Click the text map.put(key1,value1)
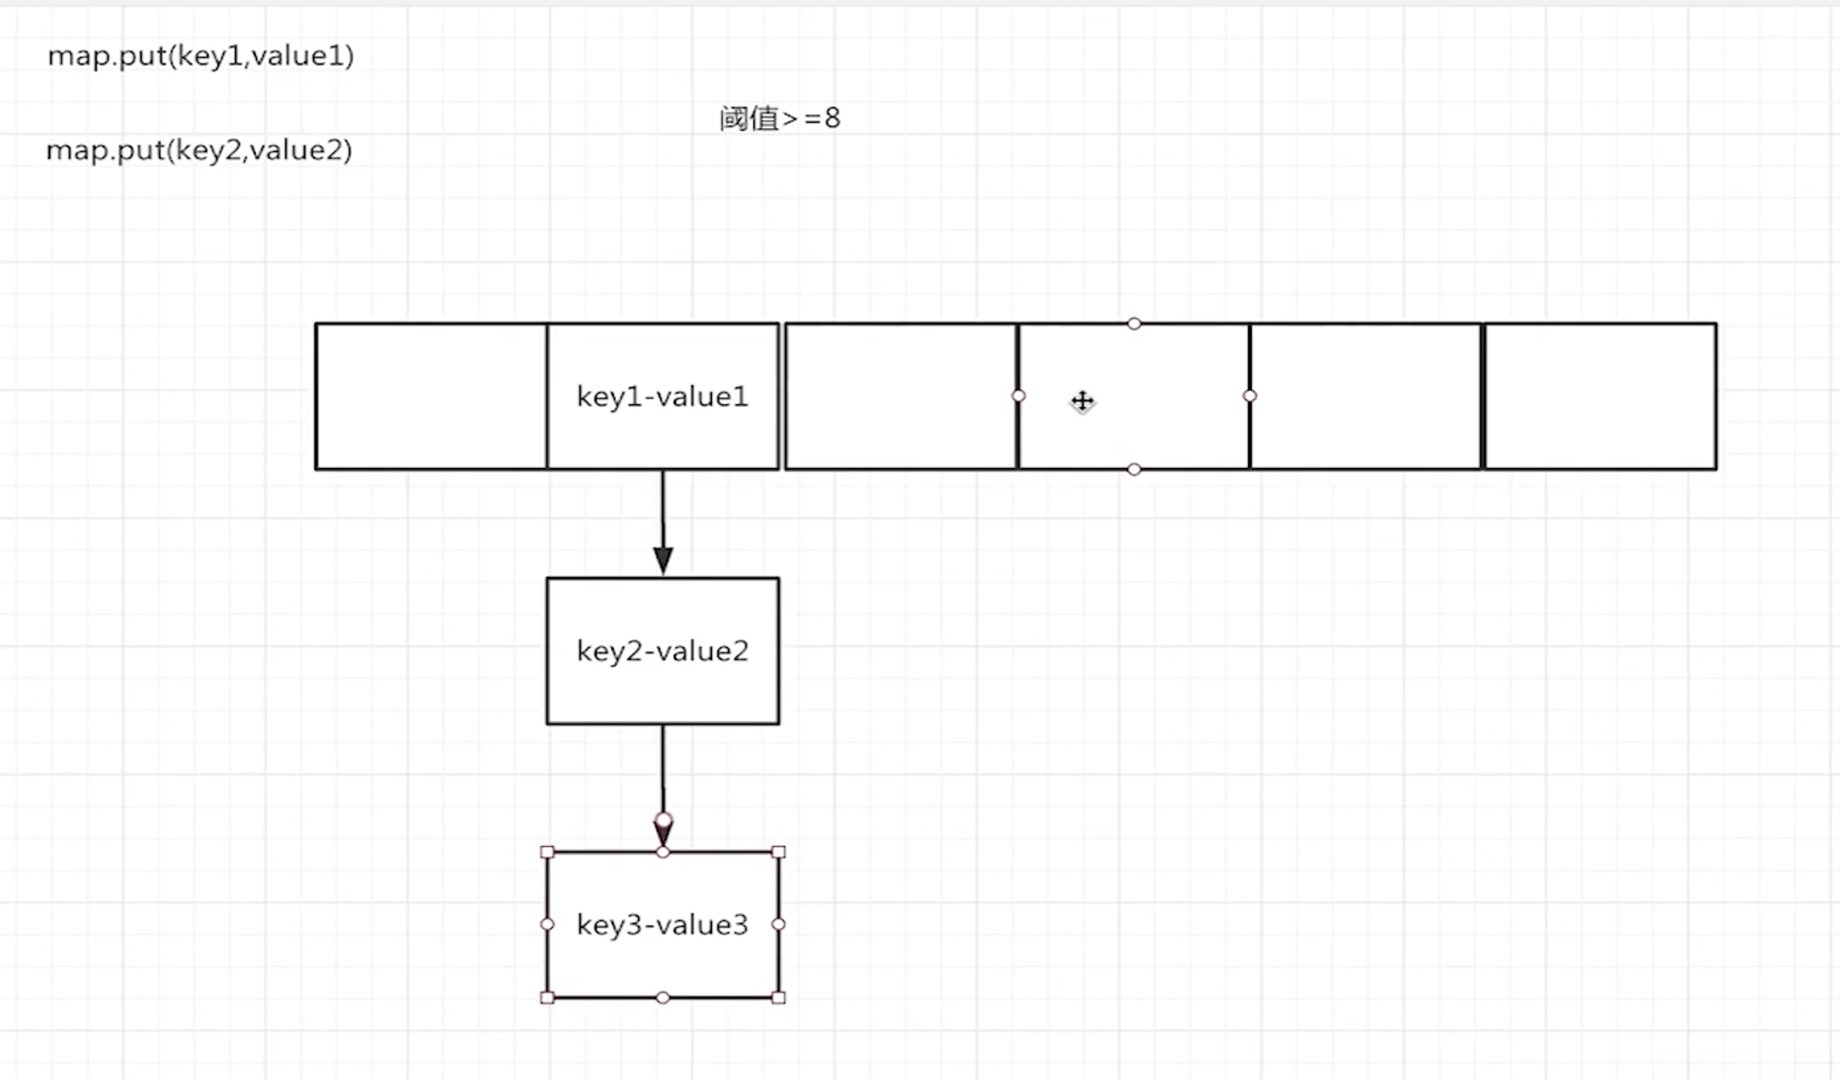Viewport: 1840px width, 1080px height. (x=201, y=56)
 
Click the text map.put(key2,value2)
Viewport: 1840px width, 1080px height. (x=199, y=151)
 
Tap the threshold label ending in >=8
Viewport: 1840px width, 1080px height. (x=779, y=118)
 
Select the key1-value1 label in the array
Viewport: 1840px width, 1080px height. (x=662, y=397)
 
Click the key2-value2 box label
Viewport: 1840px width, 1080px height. (x=662, y=652)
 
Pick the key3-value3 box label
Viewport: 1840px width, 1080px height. (x=662, y=925)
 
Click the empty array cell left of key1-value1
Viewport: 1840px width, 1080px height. (x=431, y=396)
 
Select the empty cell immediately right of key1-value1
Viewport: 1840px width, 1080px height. (x=900, y=396)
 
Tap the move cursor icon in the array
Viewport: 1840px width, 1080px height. (x=1082, y=401)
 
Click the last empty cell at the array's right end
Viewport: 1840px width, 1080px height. (x=1600, y=396)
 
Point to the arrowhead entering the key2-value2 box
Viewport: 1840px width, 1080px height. (x=663, y=561)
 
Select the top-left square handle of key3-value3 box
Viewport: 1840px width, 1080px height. (x=547, y=852)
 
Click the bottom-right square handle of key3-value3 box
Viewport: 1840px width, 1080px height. (x=779, y=998)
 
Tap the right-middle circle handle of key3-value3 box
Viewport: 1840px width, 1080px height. (x=779, y=924)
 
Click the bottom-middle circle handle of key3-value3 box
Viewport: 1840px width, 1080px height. (x=662, y=998)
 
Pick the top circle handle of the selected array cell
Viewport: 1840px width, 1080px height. (x=1134, y=323)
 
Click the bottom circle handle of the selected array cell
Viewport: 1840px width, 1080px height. (x=1134, y=470)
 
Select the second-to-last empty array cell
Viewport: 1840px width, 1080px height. (x=1365, y=396)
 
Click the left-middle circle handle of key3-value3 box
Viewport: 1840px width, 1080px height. (x=547, y=924)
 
